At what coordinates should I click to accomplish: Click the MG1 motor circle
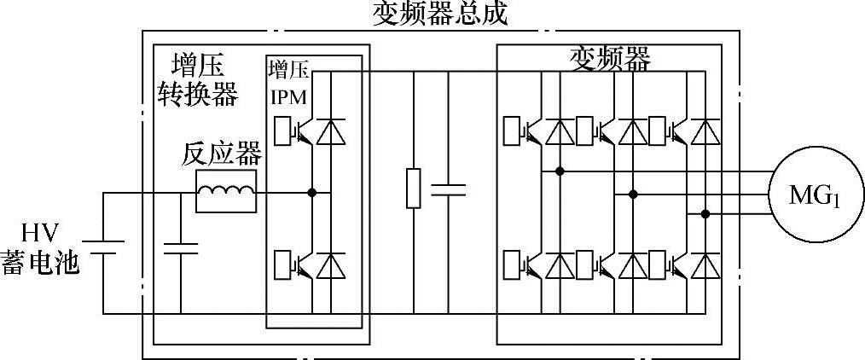(x=814, y=195)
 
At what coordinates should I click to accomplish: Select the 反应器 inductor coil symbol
(x=226, y=193)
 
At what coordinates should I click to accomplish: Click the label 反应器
(x=221, y=155)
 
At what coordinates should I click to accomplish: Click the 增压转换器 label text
(x=198, y=79)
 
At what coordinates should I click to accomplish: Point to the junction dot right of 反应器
(x=312, y=193)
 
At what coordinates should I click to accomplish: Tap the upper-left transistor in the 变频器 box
(x=518, y=131)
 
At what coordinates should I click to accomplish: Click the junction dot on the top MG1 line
(x=560, y=171)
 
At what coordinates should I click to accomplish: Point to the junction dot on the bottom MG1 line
(x=705, y=212)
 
